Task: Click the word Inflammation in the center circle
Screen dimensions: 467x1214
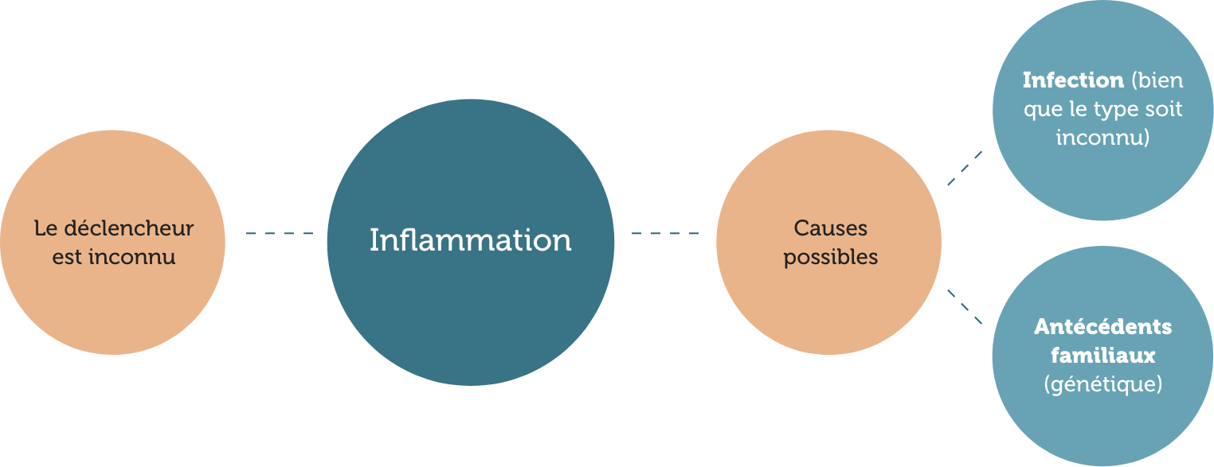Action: [x=470, y=240]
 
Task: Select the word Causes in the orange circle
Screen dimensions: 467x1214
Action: [x=831, y=229]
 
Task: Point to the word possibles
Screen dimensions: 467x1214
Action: [x=831, y=259]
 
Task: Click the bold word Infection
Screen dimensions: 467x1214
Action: [x=1072, y=80]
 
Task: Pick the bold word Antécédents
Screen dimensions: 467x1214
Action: [x=1102, y=327]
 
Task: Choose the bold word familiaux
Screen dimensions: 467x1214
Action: [x=1102, y=356]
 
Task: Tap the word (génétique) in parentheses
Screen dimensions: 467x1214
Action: [x=1102, y=385]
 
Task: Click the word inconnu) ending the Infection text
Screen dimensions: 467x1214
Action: [x=1102, y=138]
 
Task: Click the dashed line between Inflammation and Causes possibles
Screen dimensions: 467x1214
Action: [x=665, y=233]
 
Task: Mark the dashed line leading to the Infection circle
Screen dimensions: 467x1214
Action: [x=965, y=168]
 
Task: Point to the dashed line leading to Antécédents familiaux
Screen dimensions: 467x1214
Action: [x=965, y=306]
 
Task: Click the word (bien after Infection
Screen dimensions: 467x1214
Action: [x=1157, y=80]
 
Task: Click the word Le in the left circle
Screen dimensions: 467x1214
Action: [x=45, y=229]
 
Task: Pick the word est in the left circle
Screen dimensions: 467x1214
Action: [x=67, y=259]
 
